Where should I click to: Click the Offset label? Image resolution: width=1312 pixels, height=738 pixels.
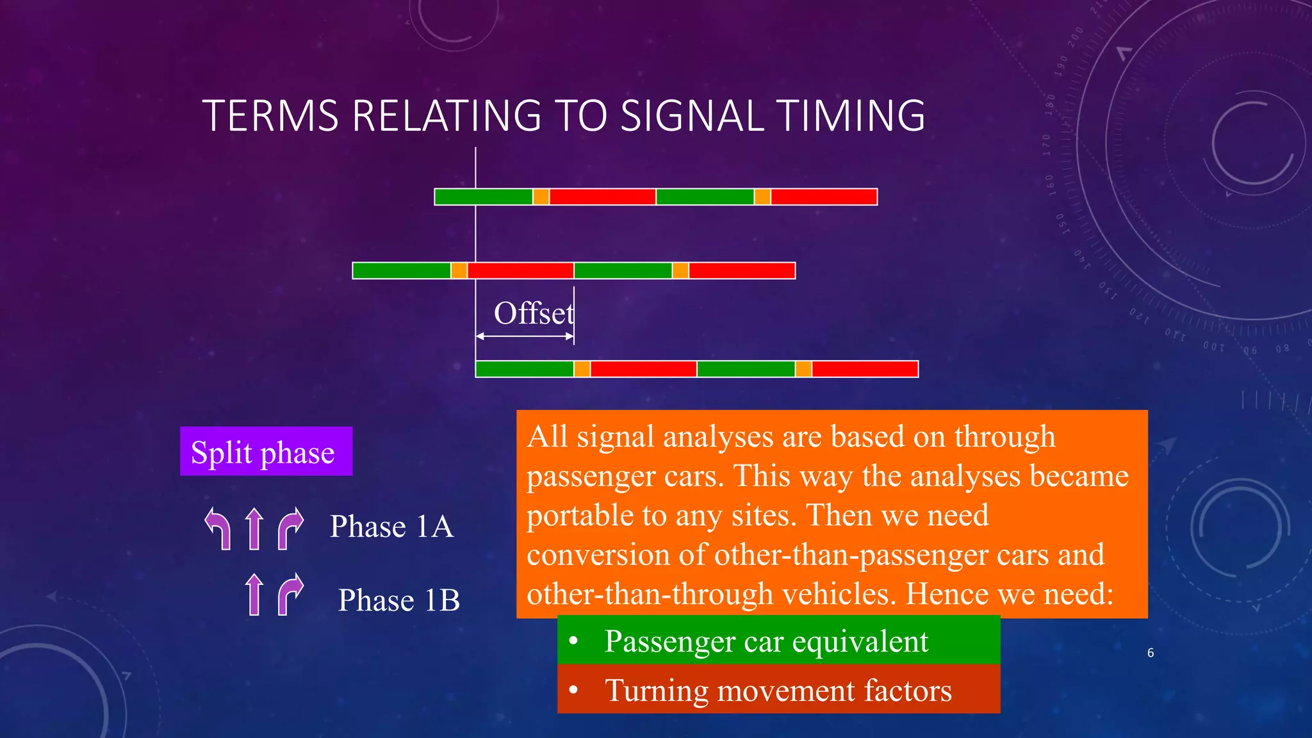(533, 314)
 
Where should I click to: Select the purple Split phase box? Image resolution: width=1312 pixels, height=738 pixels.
(266, 452)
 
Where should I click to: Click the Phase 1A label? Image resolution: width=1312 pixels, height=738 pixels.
(391, 527)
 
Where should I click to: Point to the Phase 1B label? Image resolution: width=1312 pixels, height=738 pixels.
(398, 600)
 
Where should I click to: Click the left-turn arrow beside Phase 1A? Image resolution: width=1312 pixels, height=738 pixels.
(218, 529)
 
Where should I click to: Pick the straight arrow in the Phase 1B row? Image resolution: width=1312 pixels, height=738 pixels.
(254, 594)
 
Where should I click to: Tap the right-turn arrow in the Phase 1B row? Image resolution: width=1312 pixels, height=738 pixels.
(290, 594)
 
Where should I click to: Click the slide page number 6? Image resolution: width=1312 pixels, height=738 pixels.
(1151, 653)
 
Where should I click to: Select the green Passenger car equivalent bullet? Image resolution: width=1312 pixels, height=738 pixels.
(778, 641)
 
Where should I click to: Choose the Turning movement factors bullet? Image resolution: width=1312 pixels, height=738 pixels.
(778, 690)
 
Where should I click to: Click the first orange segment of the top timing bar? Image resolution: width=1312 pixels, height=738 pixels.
(541, 197)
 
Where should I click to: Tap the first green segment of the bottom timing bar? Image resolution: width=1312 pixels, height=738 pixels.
(525, 369)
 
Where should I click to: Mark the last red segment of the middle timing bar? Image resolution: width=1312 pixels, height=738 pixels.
(742, 271)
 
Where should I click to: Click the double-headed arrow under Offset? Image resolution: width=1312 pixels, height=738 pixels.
(525, 336)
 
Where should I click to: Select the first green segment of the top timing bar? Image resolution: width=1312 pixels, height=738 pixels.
(484, 197)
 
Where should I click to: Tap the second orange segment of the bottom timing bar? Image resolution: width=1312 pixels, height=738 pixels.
(803, 369)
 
